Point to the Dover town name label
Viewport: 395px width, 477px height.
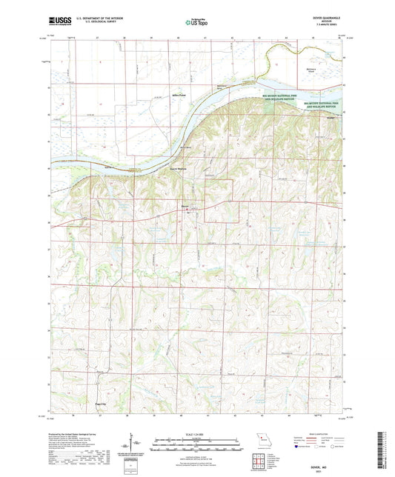(187, 206)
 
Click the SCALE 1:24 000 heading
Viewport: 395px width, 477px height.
(196, 433)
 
